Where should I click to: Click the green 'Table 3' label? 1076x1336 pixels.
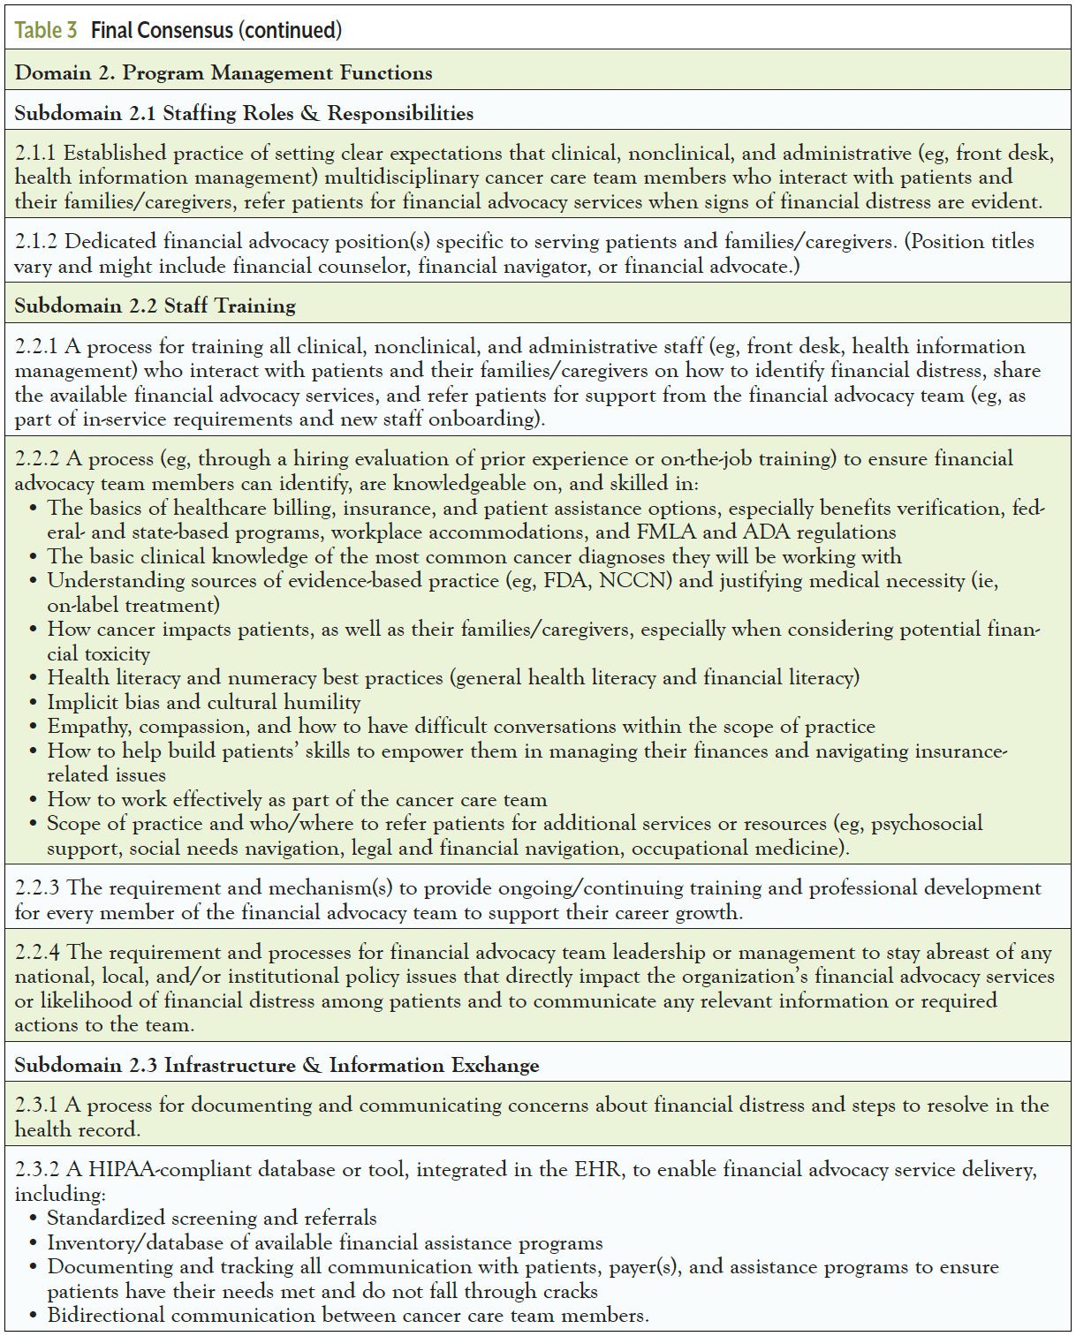click(x=46, y=30)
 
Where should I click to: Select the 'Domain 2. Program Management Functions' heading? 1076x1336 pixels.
click(x=224, y=72)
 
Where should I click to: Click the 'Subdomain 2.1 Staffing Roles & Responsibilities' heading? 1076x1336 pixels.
click(x=244, y=113)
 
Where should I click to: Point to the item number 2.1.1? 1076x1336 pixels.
click(x=36, y=154)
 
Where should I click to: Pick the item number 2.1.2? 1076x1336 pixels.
click(x=37, y=242)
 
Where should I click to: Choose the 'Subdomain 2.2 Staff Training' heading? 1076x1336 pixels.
click(x=155, y=306)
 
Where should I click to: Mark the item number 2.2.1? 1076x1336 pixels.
click(x=37, y=346)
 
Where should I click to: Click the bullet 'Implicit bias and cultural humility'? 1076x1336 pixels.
click(x=204, y=702)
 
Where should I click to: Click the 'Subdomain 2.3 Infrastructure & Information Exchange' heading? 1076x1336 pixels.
click(x=277, y=1065)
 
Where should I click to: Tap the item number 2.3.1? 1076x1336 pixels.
click(x=37, y=1106)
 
